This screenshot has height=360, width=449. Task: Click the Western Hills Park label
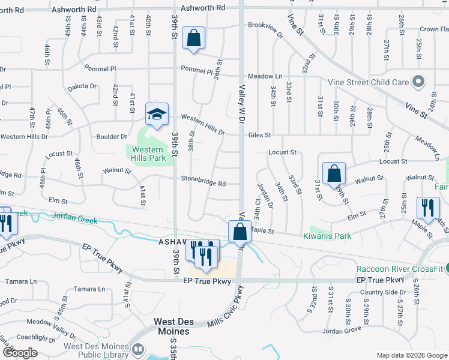pyautogui.click(x=148, y=154)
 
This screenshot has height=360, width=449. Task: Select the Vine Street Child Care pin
pyautogui.click(x=419, y=82)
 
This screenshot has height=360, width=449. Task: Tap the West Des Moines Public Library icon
pyautogui.click(x=138, y=349)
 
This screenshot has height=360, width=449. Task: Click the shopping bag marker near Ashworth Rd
pyautogui.click(x=194, y=38)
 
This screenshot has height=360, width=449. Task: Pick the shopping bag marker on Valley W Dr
pyautogui.click(x=240, y=232)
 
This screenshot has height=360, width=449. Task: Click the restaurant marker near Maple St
pyautogui.click(x=428, y=208)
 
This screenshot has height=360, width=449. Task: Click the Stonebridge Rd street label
pyautogui.click(x=203, y=184)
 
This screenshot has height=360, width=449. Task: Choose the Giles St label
pyautogui.click(x=260, y=135)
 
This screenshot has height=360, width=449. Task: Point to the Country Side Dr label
pyautogui.click(x=383, y=292)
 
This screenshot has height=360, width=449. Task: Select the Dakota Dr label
pyautogui.click(x=82, y=86)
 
